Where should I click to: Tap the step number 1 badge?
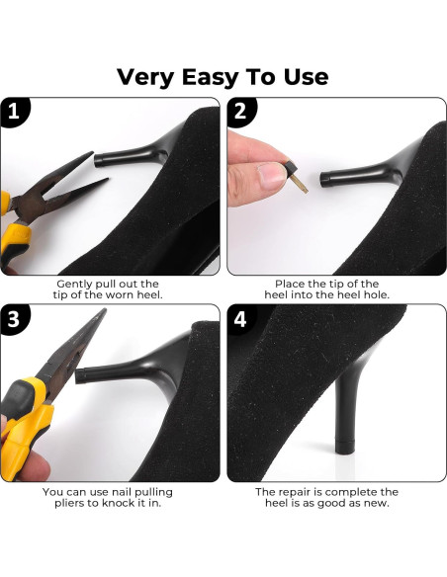[14, 112]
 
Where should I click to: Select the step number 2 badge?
[241, 112]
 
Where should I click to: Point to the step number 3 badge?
[14, 319]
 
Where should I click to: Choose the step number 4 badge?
[240, 319]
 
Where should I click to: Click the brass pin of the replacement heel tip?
[300, 184]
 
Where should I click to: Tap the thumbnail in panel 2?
[272, 176]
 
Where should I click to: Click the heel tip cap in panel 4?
[345, 446]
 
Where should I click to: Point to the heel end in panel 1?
[100, 159]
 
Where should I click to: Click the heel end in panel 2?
[325, 179]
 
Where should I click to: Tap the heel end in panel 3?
[81, 375]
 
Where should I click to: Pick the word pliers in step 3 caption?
[70, 503]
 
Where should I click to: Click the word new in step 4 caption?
[378, 503]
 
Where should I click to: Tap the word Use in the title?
[306, 77]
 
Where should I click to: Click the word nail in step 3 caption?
[121, 492]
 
